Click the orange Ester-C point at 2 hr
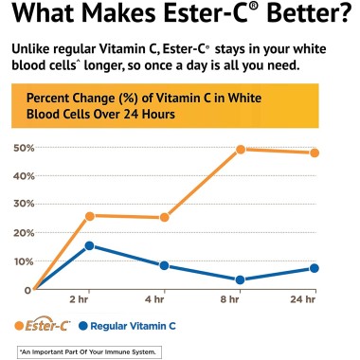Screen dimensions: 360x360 [x=90, y=216]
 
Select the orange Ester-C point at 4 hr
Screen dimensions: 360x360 [x=166, y=218]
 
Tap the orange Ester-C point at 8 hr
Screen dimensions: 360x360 [x=241, y=150]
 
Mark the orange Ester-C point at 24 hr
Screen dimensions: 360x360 [x=315, y=153]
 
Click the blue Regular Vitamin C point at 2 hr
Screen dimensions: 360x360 [x=90, y=245]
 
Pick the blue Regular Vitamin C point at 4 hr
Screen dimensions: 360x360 [x=166, y=265]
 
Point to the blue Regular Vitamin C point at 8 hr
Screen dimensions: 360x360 [x=241, y=279]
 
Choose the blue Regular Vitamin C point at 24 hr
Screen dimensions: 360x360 [x=315, y=268]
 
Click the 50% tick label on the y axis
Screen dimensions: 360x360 [x=24, y=148]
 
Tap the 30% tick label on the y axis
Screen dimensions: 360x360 [x=24, y=205]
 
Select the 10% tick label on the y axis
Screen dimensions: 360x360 [x=24, y=261]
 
